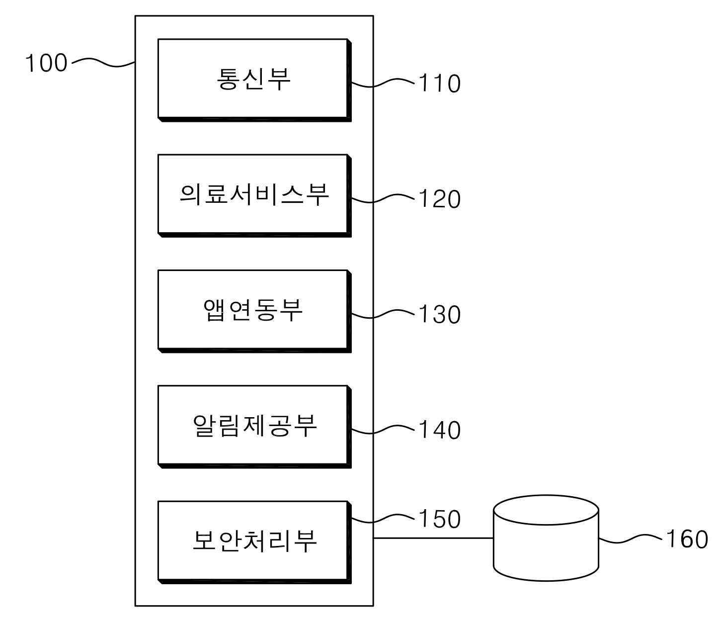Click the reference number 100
[46, 63]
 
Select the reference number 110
[439, 84]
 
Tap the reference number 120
[439, 199]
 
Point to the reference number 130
[439, 314]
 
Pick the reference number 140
[439, 430]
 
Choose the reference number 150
[439, 519]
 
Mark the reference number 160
[687, 539]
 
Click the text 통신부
[253, 79]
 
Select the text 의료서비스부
[254, 194]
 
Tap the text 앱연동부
[253, 310]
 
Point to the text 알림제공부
[254, 426]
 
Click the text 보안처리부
[254, 541]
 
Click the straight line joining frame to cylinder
[433, 538]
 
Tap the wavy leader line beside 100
[103, 63]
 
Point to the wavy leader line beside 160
[630, 539]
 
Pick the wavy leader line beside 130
[383, 314]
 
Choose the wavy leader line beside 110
[383, 83]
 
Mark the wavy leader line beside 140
[383, 429]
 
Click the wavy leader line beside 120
[383, 198]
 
